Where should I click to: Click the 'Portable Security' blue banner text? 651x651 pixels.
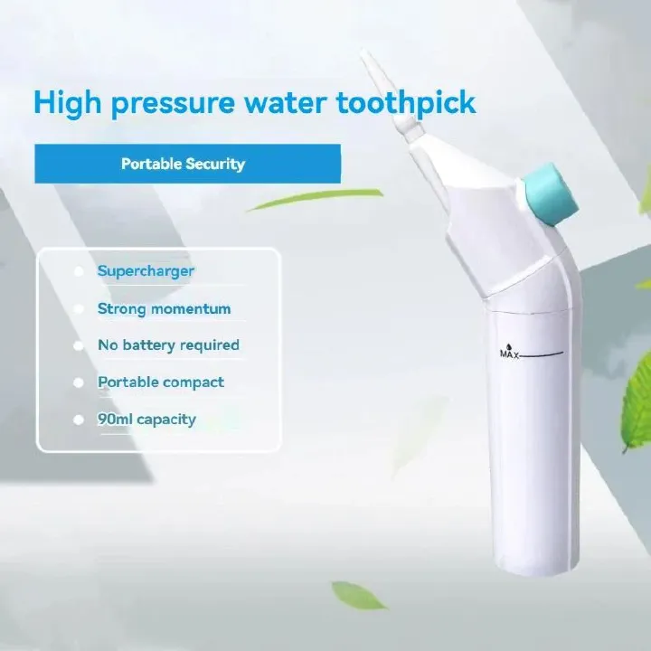point(183,164)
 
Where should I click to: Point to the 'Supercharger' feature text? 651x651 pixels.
point(146,270)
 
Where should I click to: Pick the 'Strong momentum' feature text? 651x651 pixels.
point(164,308)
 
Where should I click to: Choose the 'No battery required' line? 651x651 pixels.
point(168,345)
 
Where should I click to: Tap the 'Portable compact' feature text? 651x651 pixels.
point(161,382)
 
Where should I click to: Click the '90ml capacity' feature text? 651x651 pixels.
point(146,419)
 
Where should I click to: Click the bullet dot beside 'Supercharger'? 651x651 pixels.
point(78,271)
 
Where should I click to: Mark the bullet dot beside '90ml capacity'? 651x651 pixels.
point(78,420)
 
